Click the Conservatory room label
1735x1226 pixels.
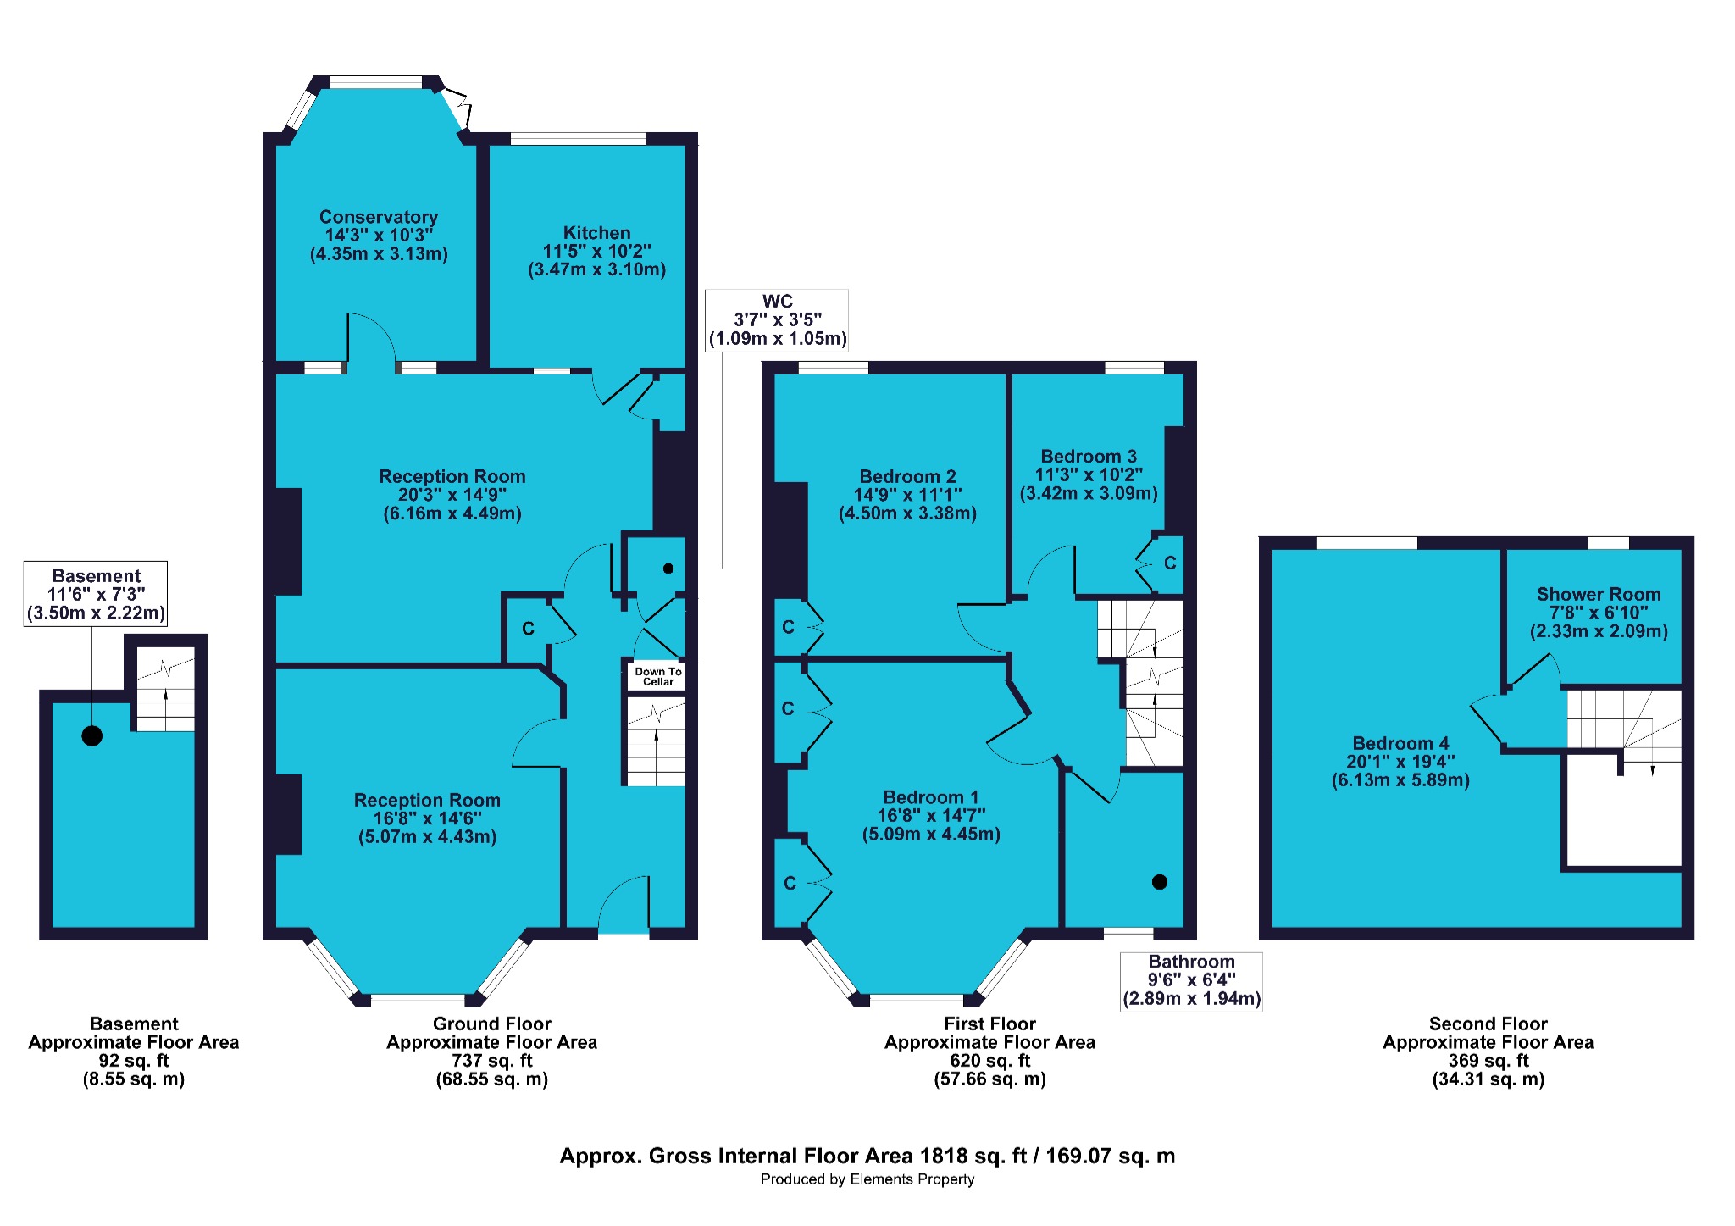379,217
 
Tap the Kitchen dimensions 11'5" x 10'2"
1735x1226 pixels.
597,251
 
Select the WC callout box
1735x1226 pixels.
778,320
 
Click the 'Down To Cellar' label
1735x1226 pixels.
658,676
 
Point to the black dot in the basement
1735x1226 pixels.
92,735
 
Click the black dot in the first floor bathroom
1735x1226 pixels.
1160,882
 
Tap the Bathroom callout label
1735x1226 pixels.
1191,962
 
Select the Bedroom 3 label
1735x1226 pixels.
1089,457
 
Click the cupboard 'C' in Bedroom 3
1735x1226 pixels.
1170,563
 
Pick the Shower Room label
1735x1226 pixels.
1599,595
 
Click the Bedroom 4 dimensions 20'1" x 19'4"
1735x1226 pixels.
1400,762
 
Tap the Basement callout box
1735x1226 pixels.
96,594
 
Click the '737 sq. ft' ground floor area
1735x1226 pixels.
492,1061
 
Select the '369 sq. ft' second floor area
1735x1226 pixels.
1488,1061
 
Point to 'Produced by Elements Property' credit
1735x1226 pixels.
867,1179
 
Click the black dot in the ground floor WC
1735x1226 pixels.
668,569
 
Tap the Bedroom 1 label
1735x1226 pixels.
931,797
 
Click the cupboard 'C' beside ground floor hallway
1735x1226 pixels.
528,629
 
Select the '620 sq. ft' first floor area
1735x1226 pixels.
990,1061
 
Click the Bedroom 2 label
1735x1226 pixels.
907,477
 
